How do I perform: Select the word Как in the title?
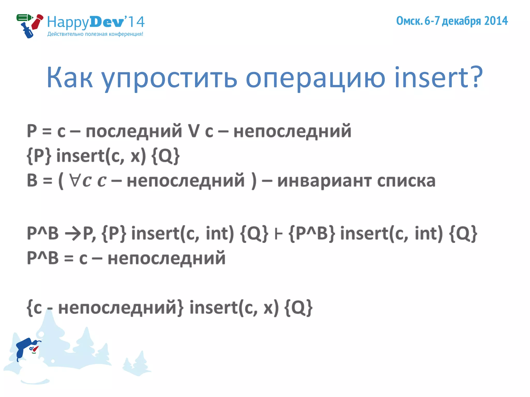pyautogui.click(x=69, y=78)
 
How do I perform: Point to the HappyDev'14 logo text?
pyautogui.click(x=95, y=22)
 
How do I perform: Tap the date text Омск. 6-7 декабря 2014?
pyautogui.click(x=452, y=21)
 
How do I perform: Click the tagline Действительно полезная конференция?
pyautogui.click(x=95, y=34)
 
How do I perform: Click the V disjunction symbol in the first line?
pyautogui.click(x=193, y=131)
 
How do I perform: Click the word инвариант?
pyautogui.click(x=325, y=181)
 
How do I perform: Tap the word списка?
pyautogui.click(x=406, y=181)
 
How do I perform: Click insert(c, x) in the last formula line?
pyautogui.click(x=234, y=308)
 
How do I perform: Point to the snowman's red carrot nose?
pyautogui.click(x=35, y=349)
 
